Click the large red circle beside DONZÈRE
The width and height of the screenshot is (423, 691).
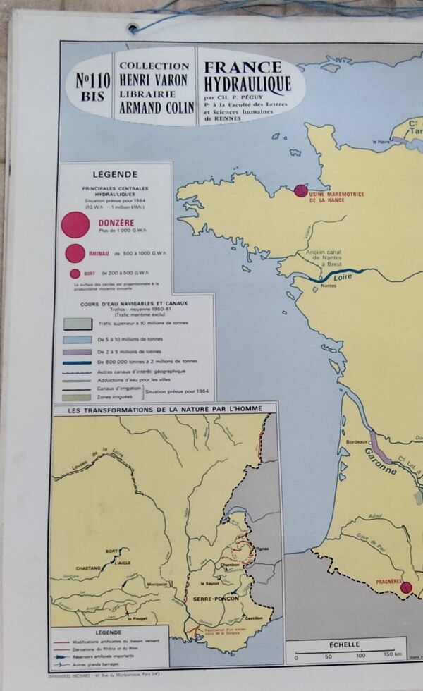75,226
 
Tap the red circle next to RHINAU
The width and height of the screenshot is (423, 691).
75,253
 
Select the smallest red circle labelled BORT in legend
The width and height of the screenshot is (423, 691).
75,274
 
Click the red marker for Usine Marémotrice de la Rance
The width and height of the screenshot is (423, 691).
301,190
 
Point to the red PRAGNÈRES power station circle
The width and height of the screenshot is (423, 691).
405,587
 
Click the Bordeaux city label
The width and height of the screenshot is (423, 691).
357,442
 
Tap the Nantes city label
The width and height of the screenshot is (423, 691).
327,286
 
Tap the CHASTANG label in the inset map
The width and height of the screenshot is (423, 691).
88,568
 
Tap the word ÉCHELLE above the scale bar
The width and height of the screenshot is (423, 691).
345,644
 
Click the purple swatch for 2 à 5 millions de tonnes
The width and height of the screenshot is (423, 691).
78,351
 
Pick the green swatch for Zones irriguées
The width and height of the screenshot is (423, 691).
78,398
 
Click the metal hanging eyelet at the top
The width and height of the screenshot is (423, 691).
133,28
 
